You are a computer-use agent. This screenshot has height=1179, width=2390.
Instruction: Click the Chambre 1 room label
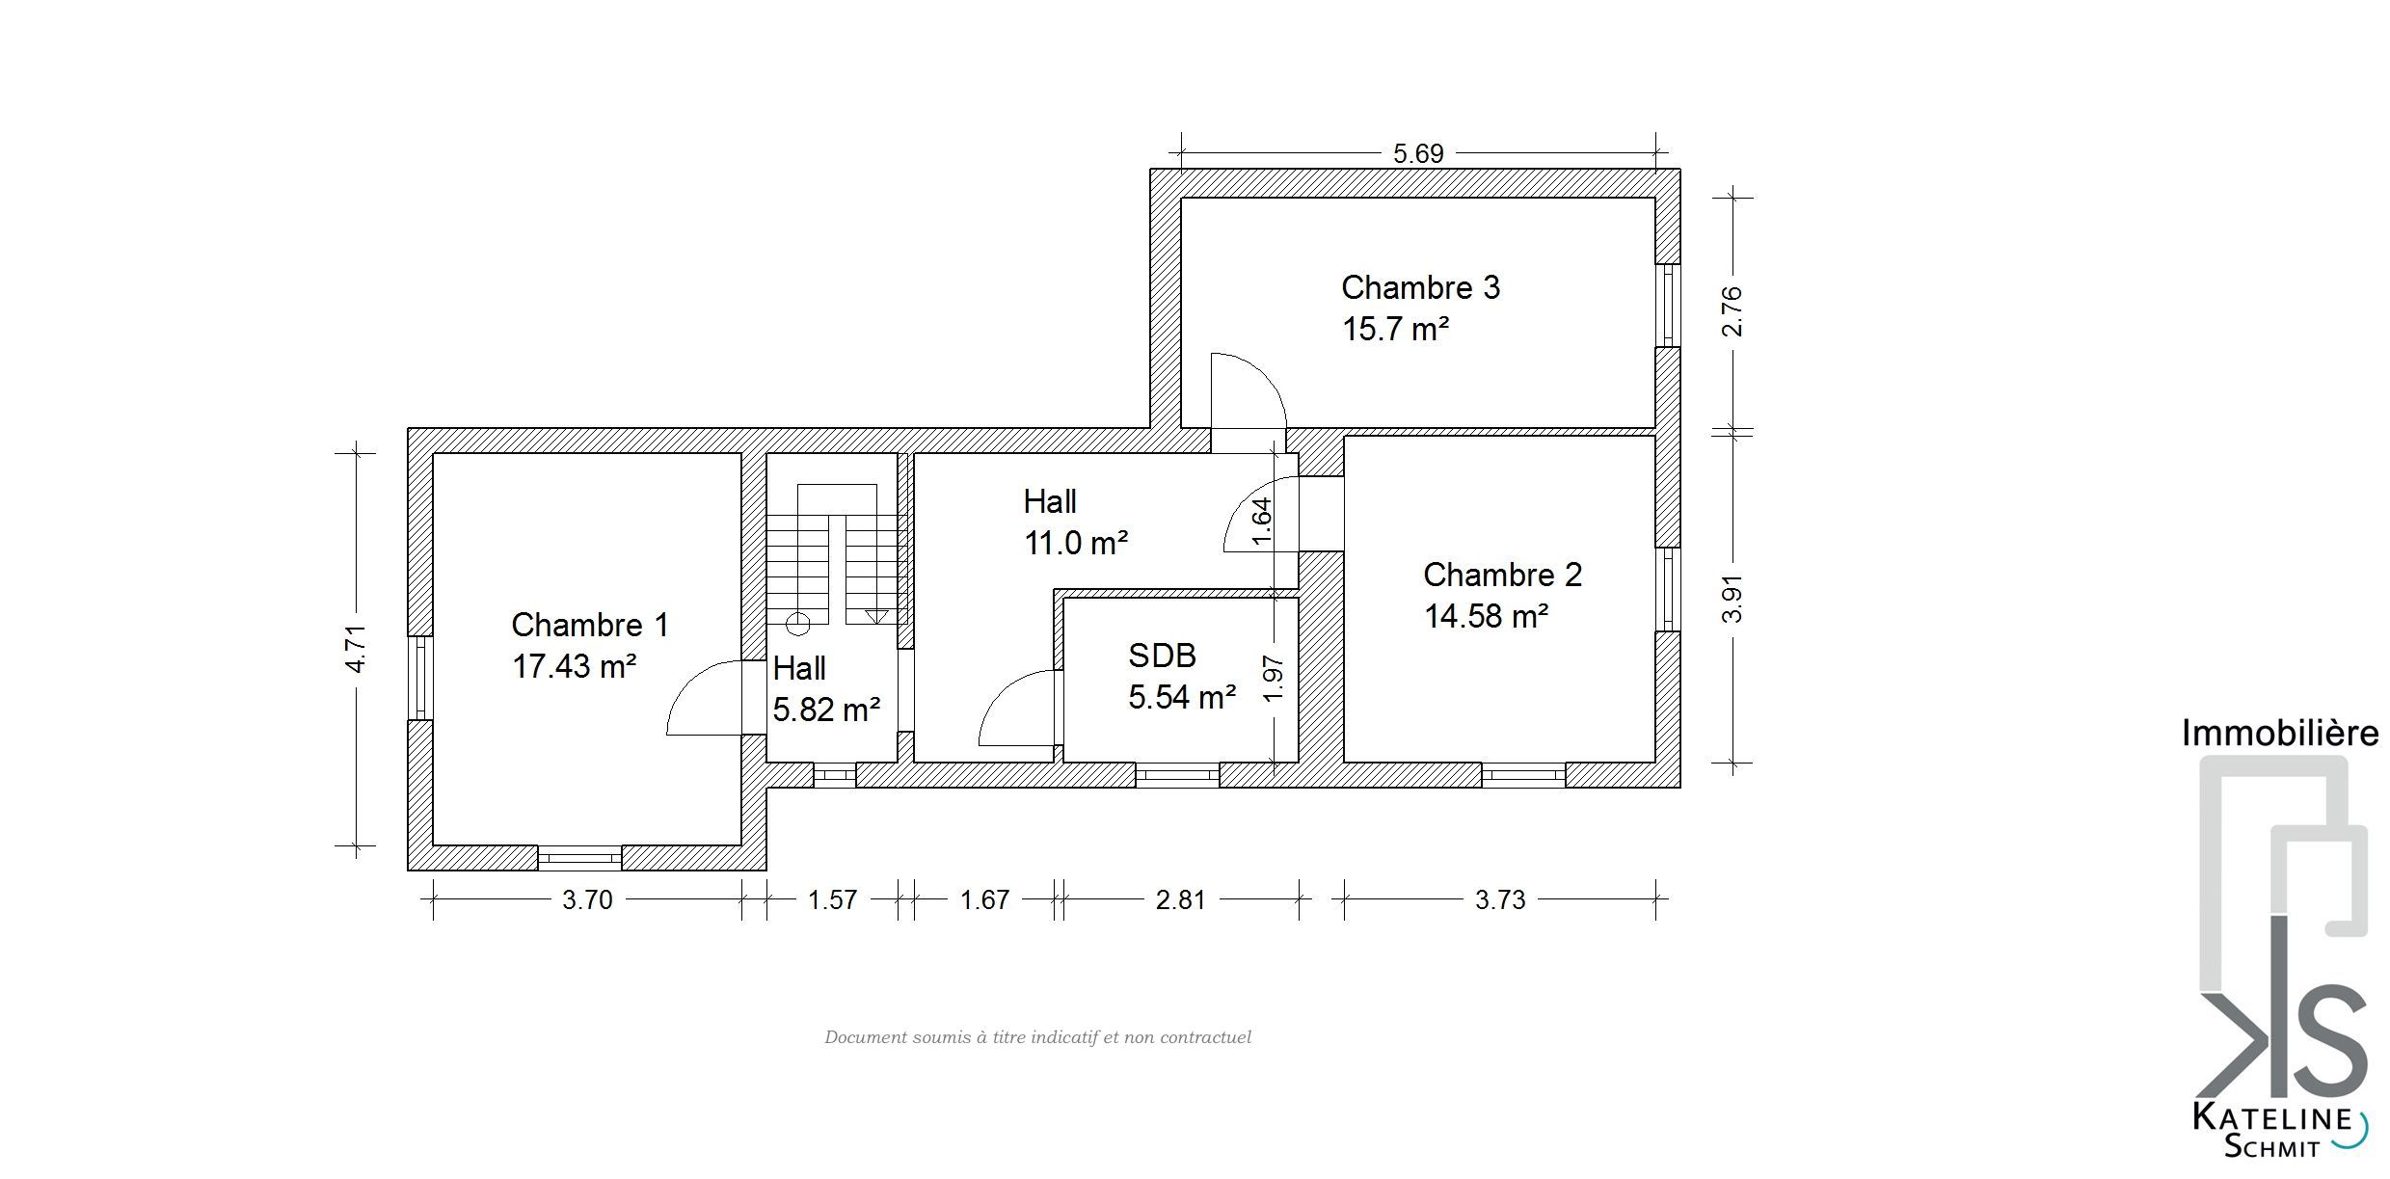[x=589, y=625]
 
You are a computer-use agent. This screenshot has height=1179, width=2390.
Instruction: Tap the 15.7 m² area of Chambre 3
[x=1395, y=329]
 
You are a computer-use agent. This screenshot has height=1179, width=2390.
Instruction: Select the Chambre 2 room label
[x=1502, y=575]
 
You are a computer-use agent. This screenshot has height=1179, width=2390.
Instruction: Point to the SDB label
[x=1162, y=656]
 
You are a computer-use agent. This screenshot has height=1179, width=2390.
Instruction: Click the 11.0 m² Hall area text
[x=1076, y=543]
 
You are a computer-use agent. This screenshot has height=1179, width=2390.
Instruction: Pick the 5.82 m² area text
[x=826, y=710]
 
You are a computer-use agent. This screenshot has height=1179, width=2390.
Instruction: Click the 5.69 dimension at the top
[x=1418, y=153]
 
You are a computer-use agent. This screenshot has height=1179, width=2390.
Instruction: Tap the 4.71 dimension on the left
[x=356, y=648]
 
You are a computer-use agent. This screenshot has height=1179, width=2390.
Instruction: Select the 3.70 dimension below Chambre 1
[x=587, y=899]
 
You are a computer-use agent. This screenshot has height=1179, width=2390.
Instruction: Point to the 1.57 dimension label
[x=832, y=899]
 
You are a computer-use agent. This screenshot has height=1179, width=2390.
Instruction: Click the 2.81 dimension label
[x=1180, y=899]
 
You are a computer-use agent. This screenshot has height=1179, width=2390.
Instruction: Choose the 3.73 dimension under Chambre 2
[x=1500, y=899]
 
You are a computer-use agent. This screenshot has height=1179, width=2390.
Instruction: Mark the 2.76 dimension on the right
[x=1732, y=311]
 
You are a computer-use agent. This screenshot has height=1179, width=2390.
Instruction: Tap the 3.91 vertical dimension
[x=1732, y=599]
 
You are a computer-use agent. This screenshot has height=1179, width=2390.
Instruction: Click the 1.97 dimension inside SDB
[x=1273, y=679]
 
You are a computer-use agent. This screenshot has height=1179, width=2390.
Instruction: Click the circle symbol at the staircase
[x=798, y=624]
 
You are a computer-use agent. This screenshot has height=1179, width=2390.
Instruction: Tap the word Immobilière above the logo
[x=2279, y=734]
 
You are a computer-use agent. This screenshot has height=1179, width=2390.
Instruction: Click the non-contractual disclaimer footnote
[x=1037, y=1037]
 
